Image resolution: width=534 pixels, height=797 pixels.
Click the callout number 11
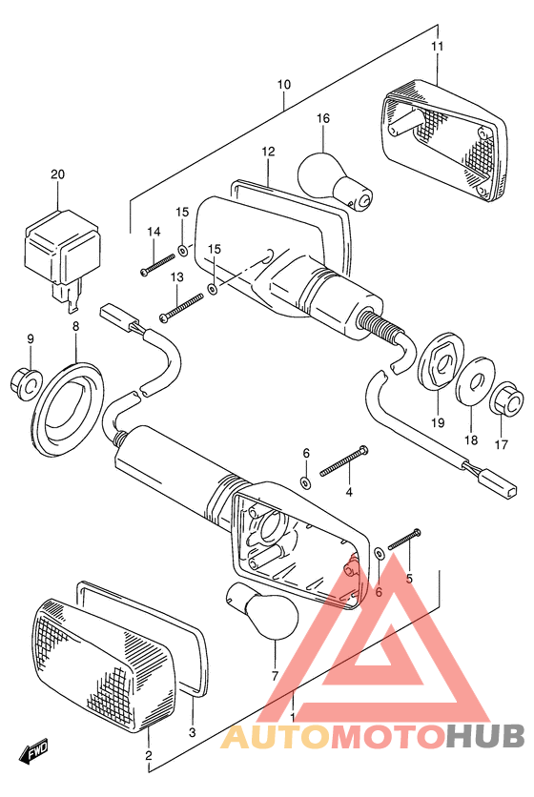click(438, 47)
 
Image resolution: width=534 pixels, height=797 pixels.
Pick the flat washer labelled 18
click(476, 382)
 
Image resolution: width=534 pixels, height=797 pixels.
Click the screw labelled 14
click(158, 265)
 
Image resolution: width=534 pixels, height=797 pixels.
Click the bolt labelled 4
click(344, 460)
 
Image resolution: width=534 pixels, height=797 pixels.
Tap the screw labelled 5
click(405, 539)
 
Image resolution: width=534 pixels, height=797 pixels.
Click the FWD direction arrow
click(33, 750)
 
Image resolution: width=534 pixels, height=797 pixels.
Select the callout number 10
click(284, 85)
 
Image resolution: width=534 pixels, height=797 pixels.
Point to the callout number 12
click(269, 152)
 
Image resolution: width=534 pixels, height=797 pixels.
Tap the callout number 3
click(192, 732)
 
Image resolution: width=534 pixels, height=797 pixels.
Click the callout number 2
click(148, 755)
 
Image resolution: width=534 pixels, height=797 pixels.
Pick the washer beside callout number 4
click(305, 481)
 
